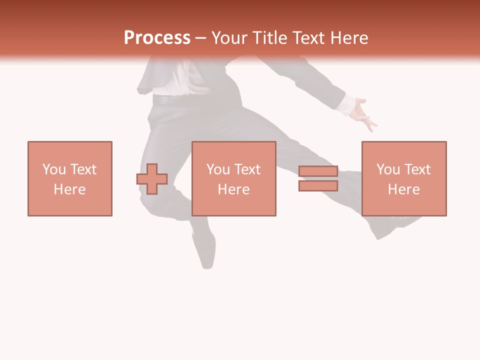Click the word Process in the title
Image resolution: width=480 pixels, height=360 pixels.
pyautogui.click(x=157, y=38)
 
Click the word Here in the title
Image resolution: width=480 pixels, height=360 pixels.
pyautogui.click(x=350, y=38)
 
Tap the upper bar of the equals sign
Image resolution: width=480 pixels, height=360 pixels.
pyautogui.click(x=318, y=171)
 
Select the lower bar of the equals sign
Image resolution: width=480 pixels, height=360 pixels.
pyautogui.click(x=318, y=185)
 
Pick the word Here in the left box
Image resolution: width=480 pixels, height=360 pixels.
pyautogui.click(x=69, y=189)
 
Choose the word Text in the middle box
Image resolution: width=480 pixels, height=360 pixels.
pyautogui.click(x=247, y=169)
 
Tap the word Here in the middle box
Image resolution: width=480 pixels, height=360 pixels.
pyautogui.click(x=233, y=189)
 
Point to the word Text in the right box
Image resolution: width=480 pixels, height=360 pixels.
pyautogui.click(x=417, y=169)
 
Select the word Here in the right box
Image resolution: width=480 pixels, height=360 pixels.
pyautogui.click(x=403, y=189)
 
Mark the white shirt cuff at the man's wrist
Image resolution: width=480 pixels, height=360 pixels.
pyautogui.click(x=345, y=104)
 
